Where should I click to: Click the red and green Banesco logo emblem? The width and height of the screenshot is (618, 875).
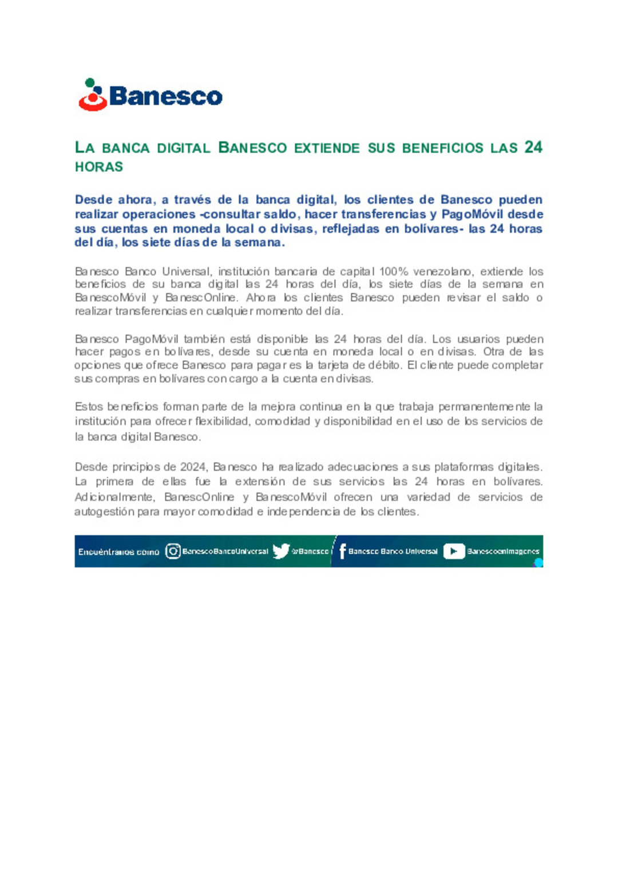pyautogui.click(x=93, y=95)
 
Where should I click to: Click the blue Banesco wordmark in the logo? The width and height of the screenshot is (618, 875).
pyautogui.click(x=165, y=96)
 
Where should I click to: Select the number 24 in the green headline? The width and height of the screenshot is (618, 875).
pyautogui.click(x=533, y=147)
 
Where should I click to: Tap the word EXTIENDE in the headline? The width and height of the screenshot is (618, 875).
pyautogui.click(x=327, y=148)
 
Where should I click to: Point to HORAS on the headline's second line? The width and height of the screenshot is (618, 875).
pyautogui.click(x=99, y=167)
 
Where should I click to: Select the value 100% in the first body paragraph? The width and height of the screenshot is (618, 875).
pyautogui.click(x=393, y=271)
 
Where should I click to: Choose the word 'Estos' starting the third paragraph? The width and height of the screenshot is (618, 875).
pyautogui.click(x=88, y=407)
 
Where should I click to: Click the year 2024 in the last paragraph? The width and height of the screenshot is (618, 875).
pyautogui.click(x=193, y=467)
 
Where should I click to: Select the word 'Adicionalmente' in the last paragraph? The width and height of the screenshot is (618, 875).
pyautogui.click(x=114, y=497)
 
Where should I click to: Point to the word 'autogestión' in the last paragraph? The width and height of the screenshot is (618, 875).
pyautogui.click(x=104, y=511)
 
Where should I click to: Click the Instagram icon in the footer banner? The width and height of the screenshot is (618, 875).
pyautogui.click(x=173, y=551)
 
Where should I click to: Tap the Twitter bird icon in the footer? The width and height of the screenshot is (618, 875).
pyautogui.click(x=280, y=551)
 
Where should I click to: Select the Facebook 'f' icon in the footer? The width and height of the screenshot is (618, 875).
pyautogui.click(x=342, y=551)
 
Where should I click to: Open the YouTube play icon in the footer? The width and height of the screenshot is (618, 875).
pyautogui.click(x=454, y=551)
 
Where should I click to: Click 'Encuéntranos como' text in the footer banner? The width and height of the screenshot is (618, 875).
pyautogui.click(x=118, y=552)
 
